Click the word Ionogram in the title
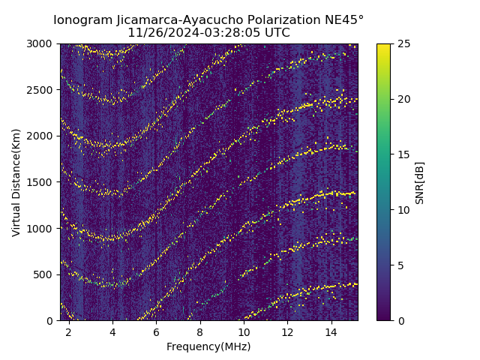pyautogui.click(x=81, y=19)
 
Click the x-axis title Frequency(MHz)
pyautogui.click(x=208, y=346)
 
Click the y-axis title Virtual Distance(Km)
pyautogui.click(x=16, y=182)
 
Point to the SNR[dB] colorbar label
pyautogui.click(x=420, y=182)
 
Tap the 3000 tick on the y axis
pyautogui.click(x=42, y=43)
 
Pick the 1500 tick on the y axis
pyautogui.click(x=42, y=182)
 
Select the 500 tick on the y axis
pyautogui.click(x=44, y=274)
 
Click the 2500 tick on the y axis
pyautogui.click(x=42, y=90)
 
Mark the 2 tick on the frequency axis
pyautogui.click(x=69, y=331)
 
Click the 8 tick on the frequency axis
pyautogui.click(x=200, y=331)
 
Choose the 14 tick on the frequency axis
pyautogui.click(x=331, y=331)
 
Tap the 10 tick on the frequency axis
pyautogui.click(x=244, y=331)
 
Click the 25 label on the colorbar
pyautogui.click(x=402, y=43)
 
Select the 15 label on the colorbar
pyautogui.click(x=402, y=154)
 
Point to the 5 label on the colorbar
pyautogui.click(x=400, y=265)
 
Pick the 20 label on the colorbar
pyautogui.click(x=402, y=99)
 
